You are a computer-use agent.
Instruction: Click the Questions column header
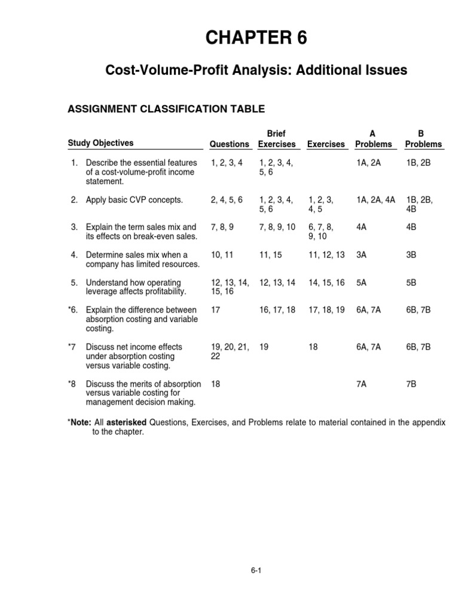point(229,144)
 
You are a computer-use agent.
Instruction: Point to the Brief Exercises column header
point(277,139)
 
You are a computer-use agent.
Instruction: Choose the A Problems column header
point(374,139)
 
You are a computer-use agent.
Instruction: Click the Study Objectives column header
point(100,143)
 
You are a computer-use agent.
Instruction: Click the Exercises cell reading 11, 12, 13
point(326,255)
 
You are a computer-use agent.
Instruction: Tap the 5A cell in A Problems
point(362,283)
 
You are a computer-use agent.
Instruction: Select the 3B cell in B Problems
point(412,255)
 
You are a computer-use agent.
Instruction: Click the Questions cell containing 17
point(216,310)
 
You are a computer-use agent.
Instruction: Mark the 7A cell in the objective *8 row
point(362,383)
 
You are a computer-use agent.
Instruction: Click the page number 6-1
point(257,570)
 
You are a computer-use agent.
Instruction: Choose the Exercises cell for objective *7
point(313,347)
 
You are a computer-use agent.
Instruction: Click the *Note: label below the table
point(79,423)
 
